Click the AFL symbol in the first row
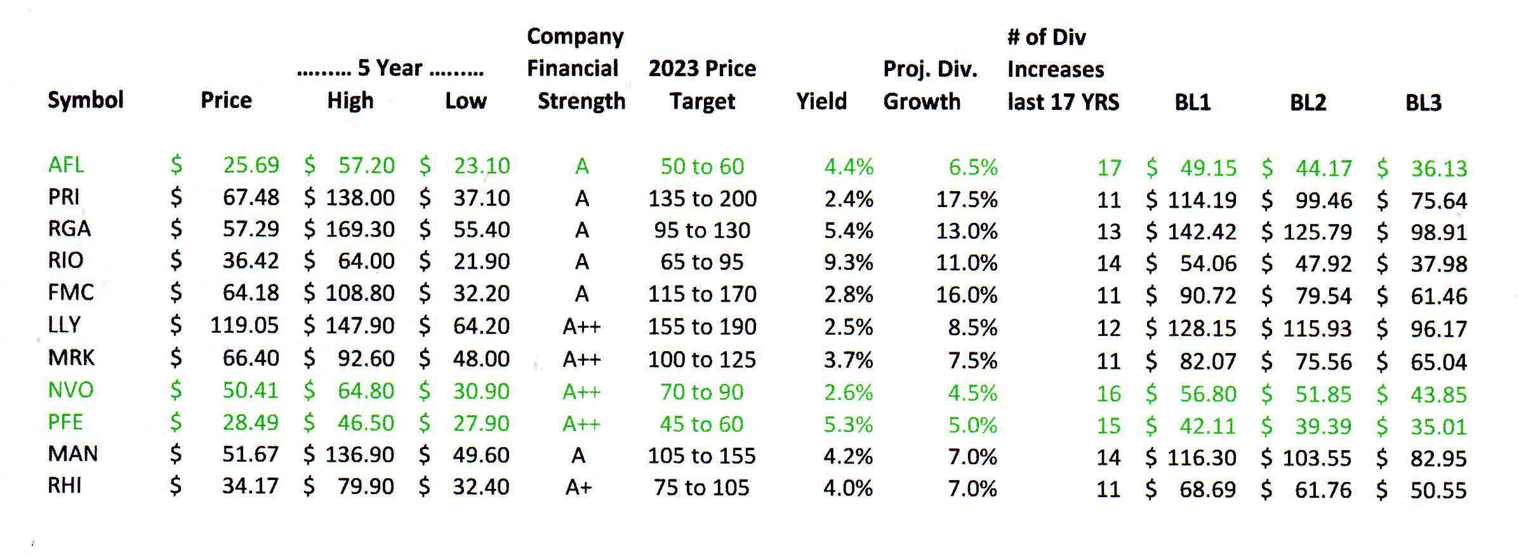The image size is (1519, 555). [x=66, y=165]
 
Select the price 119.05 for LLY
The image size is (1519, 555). [x=244, y=326]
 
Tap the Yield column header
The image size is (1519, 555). [x=821, y=101]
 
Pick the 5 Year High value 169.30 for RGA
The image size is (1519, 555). [x=360, y=229]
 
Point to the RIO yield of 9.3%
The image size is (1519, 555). [x=848, y=262]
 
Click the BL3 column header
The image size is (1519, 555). [x=1423, y=102]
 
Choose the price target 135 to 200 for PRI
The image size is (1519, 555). [x=702, y=199]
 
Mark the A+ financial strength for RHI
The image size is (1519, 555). [x=578, y=488]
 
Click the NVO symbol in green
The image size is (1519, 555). [x=70, y=390]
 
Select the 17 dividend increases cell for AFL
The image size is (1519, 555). [x=1108, y=168]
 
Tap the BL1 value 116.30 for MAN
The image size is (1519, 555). [x=1202, y=457]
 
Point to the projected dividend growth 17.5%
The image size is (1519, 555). [x=966, y=199]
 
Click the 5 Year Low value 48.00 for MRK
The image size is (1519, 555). [x=481, y=359]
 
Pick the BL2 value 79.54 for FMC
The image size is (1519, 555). [x=1323, y=296]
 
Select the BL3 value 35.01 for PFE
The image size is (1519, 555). [x=1438, y=426]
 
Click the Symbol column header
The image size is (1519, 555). [x=86, y=100]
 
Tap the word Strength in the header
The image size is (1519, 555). [x=581, y=101]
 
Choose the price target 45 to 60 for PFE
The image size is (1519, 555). [x=701, y=424]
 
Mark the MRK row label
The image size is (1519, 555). [x=71, y=358]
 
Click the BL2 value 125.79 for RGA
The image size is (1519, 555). [x=1317, y=232]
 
